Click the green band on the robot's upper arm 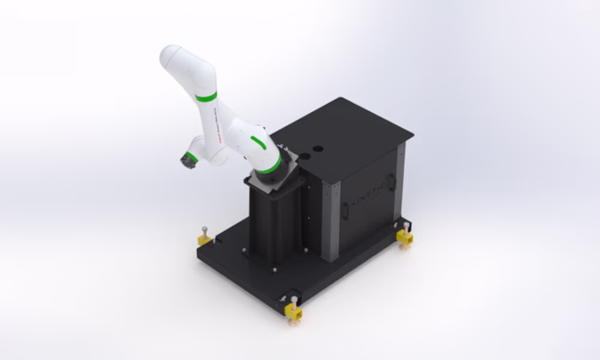pos(206,97)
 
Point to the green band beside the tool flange pos(192,158)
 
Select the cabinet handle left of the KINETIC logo pos(345,210)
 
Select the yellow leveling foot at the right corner pos(404,237)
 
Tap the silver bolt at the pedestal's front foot pos(274,269)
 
